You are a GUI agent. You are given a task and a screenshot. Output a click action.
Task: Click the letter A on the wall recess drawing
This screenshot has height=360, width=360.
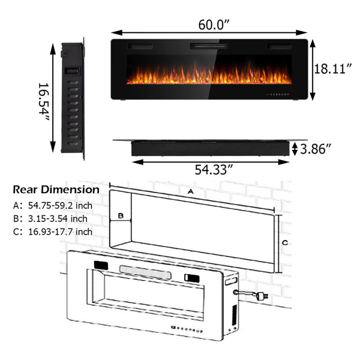coord(191,191)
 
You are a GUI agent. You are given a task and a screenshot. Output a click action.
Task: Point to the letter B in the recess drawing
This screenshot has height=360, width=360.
coord(120,215)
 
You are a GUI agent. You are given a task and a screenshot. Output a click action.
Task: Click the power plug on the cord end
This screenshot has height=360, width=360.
coord(262,297)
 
